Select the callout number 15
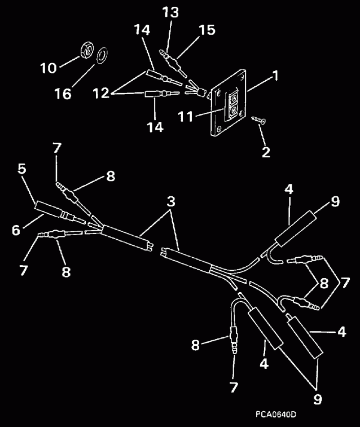click(x=207, y=29)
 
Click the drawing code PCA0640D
click(x=275, y=415)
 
